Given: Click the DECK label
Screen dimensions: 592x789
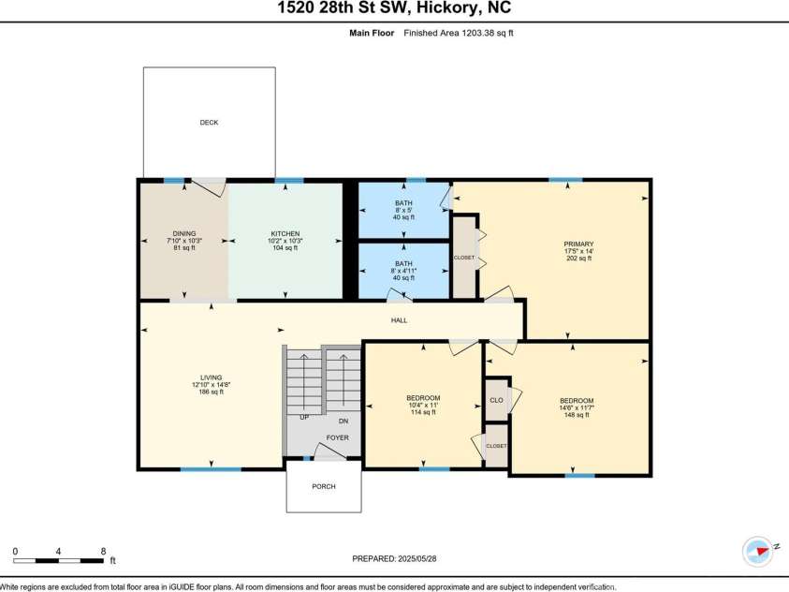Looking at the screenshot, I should click(209, 123).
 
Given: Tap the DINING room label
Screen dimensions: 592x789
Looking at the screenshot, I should click(183, 233).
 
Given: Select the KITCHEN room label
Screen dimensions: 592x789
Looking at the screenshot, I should click(285, 233).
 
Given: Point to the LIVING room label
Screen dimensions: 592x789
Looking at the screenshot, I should click(210, 377).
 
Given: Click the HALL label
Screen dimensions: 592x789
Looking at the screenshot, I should click(400, 320).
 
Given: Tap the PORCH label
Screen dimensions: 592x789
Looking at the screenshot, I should click(323, 486).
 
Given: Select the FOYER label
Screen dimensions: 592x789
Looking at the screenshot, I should click(337, 437).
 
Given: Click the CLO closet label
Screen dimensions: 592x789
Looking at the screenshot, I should click(496, 400).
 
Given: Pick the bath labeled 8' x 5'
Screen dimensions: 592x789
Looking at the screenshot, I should click(403, 203).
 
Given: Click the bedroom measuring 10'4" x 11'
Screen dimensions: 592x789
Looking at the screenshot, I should click(422, 398).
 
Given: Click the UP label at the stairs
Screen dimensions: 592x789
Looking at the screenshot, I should click(304, 418).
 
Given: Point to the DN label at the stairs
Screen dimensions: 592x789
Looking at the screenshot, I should click(343, 421).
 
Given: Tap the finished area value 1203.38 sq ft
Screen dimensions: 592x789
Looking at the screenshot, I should click(459, 33).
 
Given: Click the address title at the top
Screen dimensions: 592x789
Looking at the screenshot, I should click(394, 8).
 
